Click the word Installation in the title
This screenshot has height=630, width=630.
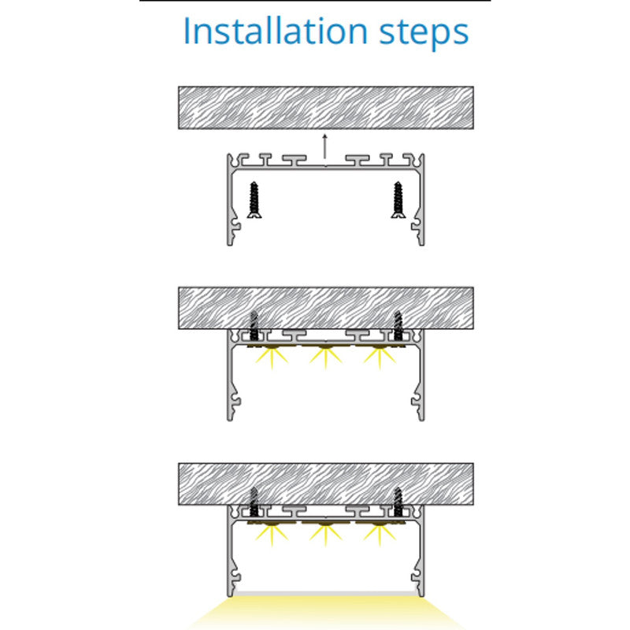tap(275, 31)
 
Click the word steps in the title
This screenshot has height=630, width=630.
tap(424, 34)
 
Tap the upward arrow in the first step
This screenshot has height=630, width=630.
tap(325, 150)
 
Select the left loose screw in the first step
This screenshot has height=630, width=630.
tap(254, 200)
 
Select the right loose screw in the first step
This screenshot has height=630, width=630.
tap(398, 200)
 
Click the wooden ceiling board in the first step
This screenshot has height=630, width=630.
tap(326, 108)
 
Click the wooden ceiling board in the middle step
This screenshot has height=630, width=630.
tap(326, 308)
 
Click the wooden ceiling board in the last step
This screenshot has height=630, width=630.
tap(326, 484)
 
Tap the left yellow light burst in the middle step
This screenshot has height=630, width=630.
tap(272, 358)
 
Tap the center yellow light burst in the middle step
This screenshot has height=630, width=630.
tap(325, 358)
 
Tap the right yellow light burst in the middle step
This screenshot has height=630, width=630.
tap(380, 358)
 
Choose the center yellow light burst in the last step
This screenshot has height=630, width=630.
tap(325, 535)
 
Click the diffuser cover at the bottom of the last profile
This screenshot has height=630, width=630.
tap(325, 594)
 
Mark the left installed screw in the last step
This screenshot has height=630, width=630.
tap(254, 502)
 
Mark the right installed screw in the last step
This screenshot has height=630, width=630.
tap(398, 502)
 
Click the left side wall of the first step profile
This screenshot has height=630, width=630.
tap(230, 200)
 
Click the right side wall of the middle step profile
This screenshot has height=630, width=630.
tap(421, 375)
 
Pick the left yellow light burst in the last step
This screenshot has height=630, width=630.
tap(272, 535)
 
